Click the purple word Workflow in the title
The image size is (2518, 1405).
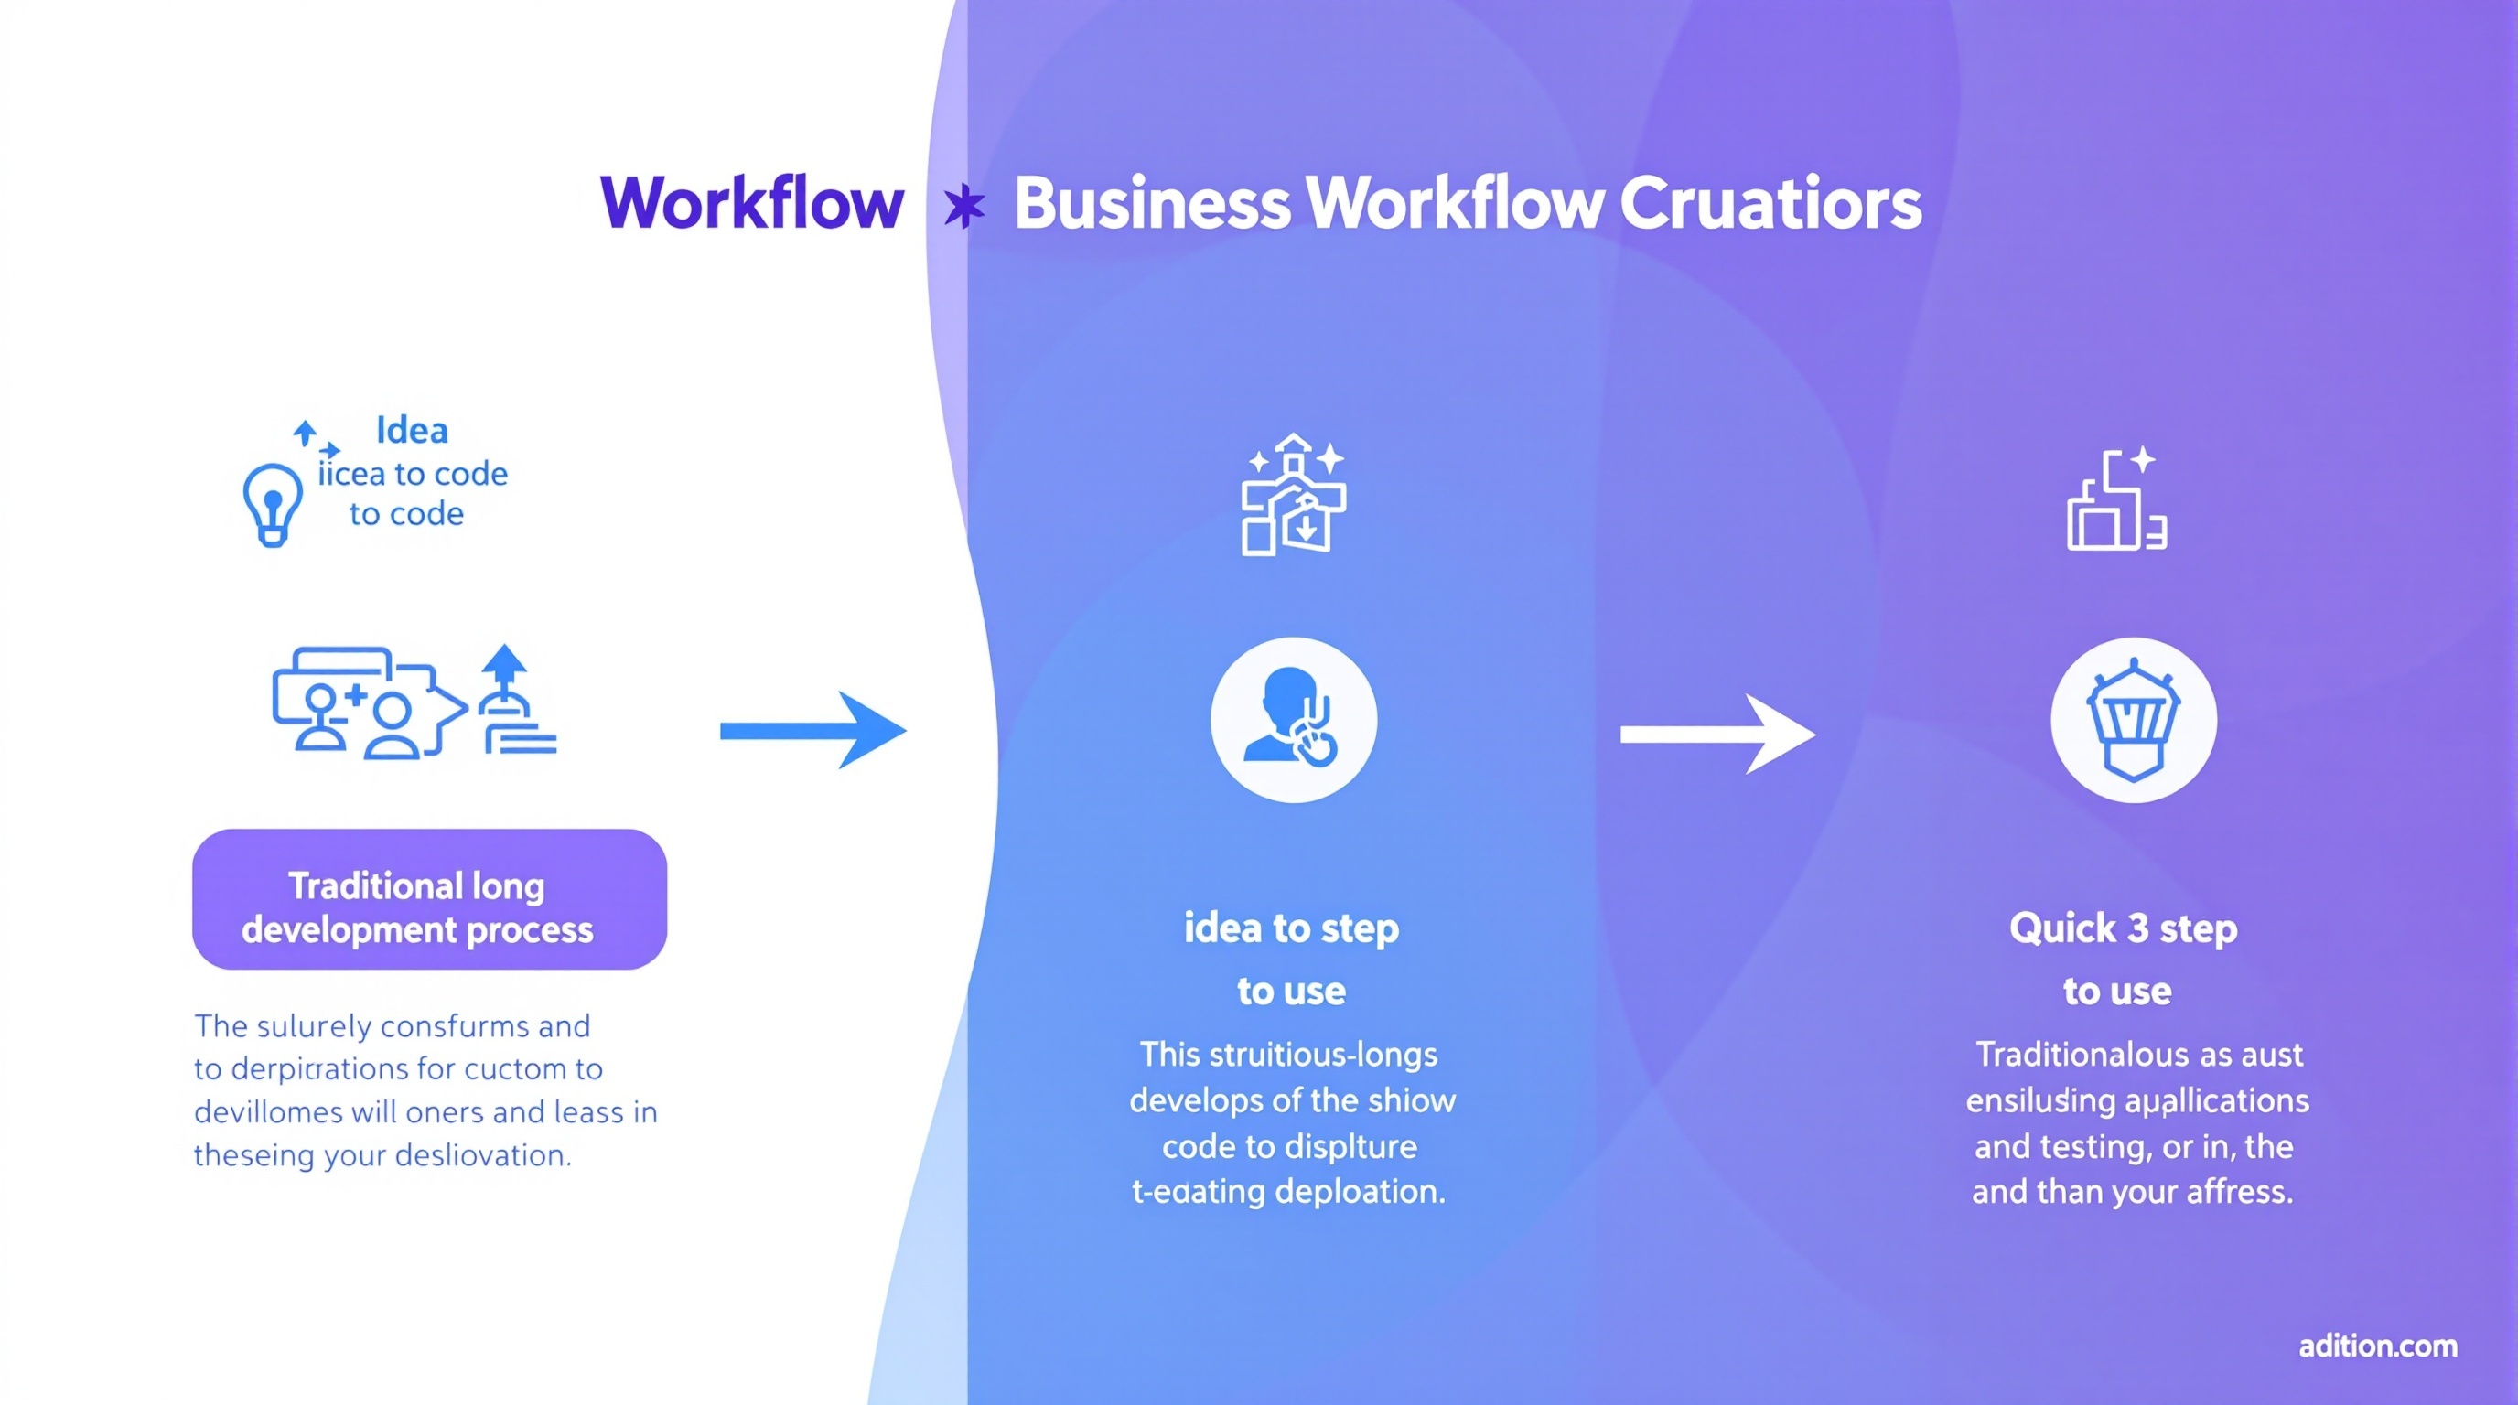[750, 203]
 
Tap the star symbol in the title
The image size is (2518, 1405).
[963, 206]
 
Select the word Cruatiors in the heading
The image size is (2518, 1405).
[1770, 203]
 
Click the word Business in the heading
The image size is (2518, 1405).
[1151, 203]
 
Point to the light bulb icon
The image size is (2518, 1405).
[272, 503]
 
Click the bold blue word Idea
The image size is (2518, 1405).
[412, 430]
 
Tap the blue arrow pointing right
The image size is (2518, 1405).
[812, 730]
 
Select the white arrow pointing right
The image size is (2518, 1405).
[1716, 734]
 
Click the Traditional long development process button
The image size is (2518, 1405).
[429, 899]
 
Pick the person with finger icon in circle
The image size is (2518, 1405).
[1292, 720]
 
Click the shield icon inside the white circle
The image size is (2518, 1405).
[2133, 720]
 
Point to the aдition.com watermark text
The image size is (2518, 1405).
[2377, 1346]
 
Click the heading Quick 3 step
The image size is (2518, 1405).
[2123, 928]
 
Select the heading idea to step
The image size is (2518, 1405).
[1291, 928]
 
